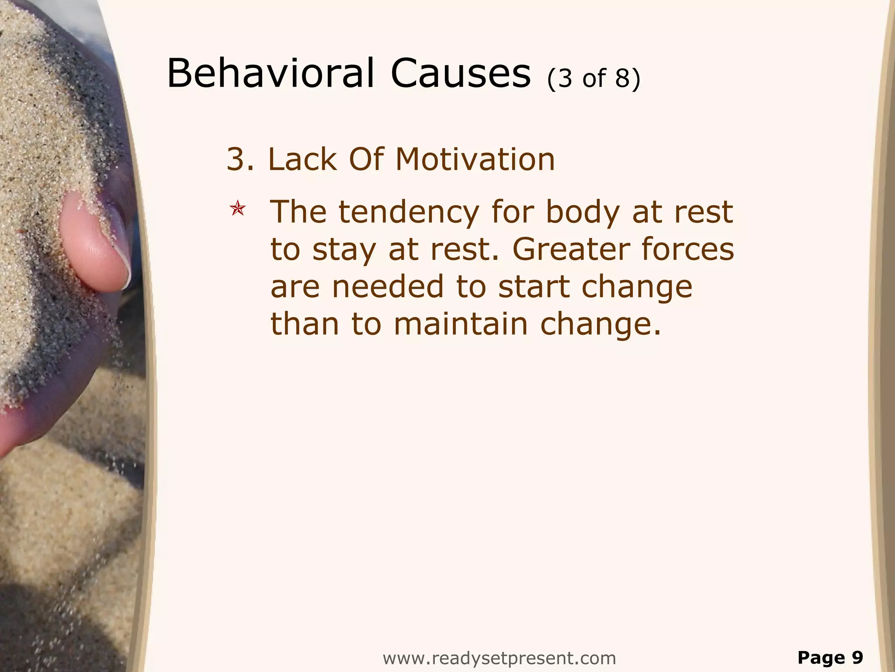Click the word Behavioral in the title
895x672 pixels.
pos(270,73)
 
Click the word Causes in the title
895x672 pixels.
pos(460,73)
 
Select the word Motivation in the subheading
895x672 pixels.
pos(475,159)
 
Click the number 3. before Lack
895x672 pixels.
pos(240,159)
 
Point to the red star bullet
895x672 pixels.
pos(238,209)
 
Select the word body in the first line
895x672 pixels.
pos(583,213)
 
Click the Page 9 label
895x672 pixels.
pos(830,658)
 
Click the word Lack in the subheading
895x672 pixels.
pos(302,159)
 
